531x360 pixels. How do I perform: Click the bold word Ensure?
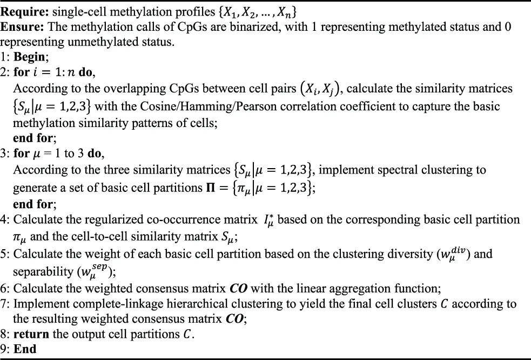[x=21, y=26]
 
